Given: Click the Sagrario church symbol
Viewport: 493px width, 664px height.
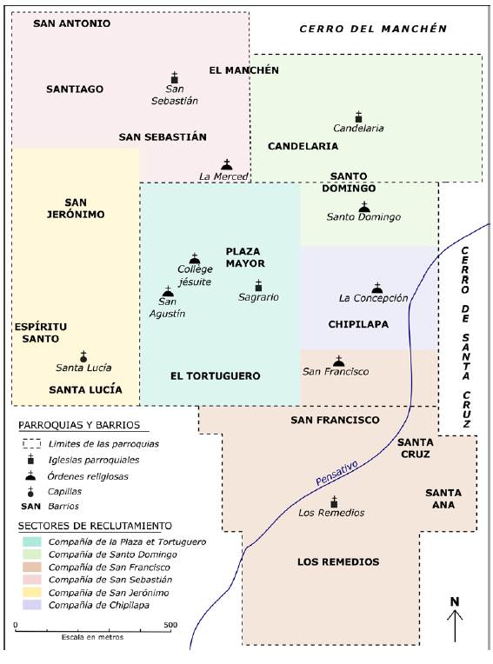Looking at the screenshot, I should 258,285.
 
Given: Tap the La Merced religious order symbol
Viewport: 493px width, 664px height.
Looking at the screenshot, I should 227,163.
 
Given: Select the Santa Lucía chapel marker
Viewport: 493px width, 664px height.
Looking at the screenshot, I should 83,355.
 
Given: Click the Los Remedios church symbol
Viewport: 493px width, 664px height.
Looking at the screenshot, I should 335,501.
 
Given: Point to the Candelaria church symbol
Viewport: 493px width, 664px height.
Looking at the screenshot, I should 358,116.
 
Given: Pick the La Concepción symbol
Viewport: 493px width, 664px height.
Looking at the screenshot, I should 376,287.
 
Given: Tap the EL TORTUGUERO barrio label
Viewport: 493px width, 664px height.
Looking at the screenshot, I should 215,376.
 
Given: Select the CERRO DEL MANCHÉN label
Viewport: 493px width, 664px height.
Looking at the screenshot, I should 372,29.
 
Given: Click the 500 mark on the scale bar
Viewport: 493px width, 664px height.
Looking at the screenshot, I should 170,624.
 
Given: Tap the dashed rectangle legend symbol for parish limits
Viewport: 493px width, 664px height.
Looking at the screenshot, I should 32,443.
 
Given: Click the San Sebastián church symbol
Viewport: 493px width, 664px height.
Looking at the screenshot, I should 174,78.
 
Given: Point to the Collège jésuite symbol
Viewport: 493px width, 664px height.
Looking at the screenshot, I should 195,258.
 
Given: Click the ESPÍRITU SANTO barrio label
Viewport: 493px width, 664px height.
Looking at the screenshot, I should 40,332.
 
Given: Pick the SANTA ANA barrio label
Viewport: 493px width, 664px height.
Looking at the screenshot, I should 443,499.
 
